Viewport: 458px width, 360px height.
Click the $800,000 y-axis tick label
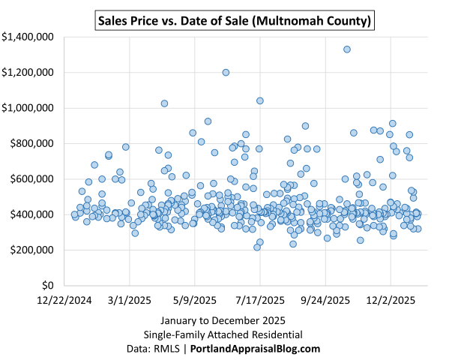click(30, 143)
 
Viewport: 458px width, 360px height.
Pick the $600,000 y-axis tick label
click(30, 178)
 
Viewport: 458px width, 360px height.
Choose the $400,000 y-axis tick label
click(30, 214)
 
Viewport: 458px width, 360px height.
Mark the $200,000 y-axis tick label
click(30, 250)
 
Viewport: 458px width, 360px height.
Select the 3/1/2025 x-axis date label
click(129, 300)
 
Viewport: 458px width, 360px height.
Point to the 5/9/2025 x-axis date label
click(195, 300)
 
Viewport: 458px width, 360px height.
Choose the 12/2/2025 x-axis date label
click(391, 300)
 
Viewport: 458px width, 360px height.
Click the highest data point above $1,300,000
click(347, 49)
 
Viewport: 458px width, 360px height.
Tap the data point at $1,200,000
click(226, 73)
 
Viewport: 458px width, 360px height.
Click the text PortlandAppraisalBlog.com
click(256, 349)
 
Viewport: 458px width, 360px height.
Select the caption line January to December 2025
click(229, 321)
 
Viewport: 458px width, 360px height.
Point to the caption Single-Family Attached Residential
click(229, 334)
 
